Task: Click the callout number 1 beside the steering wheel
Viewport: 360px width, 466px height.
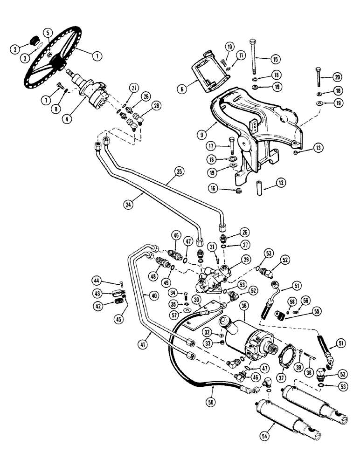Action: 97,56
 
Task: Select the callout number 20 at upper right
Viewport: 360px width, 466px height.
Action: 338,77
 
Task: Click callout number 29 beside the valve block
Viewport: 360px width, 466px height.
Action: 246,259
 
